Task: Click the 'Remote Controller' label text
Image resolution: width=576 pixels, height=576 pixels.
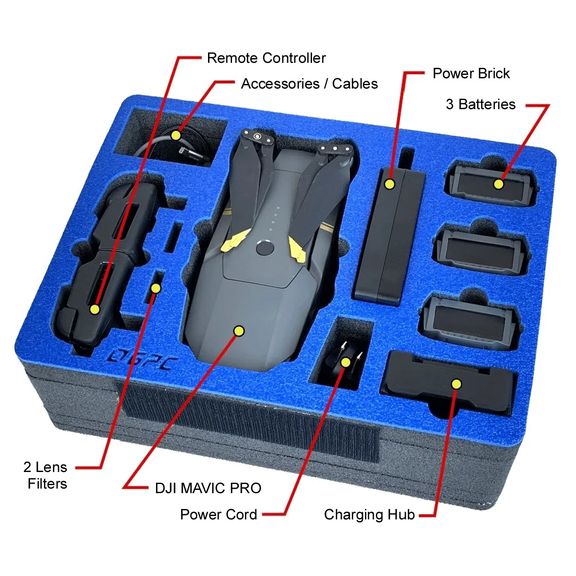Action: [x=266, y=58]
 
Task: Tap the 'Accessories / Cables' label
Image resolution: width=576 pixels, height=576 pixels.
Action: [x=309, y=84]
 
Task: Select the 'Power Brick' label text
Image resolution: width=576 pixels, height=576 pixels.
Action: [x=471, y=74]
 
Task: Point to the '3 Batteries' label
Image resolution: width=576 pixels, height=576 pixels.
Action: [x=481, y=105]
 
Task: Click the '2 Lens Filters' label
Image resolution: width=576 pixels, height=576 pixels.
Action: [x=46, y=475]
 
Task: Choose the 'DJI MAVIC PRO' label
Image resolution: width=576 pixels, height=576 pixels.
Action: [x=208, y=488]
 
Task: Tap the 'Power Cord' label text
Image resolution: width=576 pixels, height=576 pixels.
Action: [x=218, y=515]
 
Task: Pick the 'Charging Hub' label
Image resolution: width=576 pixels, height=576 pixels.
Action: [x=369, y=515]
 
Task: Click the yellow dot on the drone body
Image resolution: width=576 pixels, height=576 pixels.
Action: [x=239, y=331]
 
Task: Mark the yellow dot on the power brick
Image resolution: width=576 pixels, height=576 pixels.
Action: [x=390, y=183]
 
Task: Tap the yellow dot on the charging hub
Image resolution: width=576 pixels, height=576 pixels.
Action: [x=456, y=384]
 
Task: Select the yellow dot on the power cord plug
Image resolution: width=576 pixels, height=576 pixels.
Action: [x=345, y=362]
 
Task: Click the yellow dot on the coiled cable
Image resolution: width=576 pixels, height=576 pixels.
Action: [x=176, y=135]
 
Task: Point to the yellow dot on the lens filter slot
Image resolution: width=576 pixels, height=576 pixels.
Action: [x=156, y=289]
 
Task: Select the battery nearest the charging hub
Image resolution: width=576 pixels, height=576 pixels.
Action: [x=471, y=321]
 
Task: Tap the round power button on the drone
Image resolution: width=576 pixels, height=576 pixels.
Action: [x=265, y=248]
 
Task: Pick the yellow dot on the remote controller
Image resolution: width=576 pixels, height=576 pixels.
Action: [x=95, y=309]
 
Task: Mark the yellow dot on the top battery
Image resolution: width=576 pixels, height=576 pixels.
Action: [x=498, y=183]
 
